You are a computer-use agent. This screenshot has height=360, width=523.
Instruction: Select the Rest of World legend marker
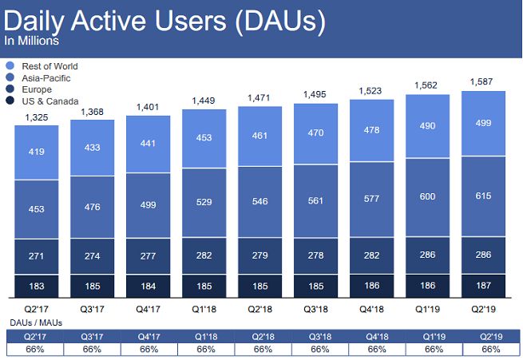point(10,65)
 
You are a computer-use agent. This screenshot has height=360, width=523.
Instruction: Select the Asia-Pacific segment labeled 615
point(484,197)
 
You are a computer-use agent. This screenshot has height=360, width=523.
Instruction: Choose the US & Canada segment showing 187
point(484,285)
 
